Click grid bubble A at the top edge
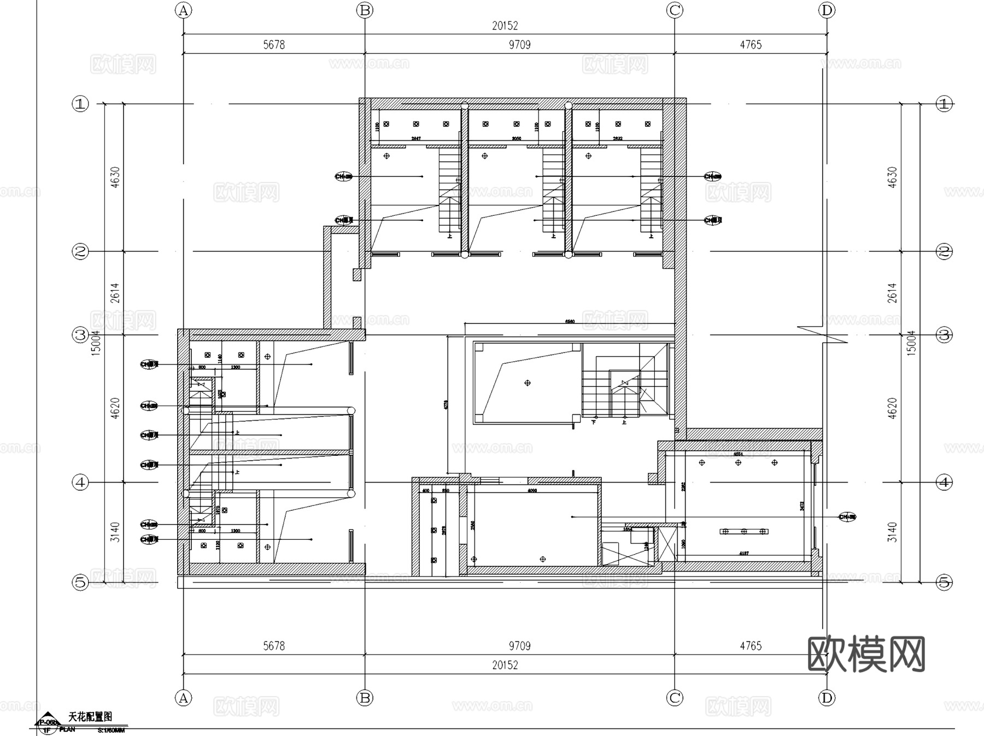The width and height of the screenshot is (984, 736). (184, 10)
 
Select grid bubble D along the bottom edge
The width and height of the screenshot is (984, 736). (827, 698)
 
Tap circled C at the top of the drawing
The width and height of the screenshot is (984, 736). (675, 10)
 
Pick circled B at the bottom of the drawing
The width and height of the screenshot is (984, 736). (365, 698)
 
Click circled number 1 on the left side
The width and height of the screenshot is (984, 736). (80, 104)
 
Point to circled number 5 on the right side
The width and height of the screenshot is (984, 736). (944, 582)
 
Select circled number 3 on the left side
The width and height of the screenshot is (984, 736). (80, 334)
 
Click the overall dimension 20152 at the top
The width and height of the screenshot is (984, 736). (505, 26)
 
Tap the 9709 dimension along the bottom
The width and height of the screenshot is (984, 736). (519, 646)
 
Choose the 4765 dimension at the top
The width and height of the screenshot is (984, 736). (751, 45)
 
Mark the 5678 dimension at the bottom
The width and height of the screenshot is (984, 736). (274, 646)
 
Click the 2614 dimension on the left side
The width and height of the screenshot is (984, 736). (115, 293)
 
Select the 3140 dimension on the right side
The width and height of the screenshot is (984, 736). (892, 532)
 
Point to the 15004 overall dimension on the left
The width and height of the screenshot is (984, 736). (96, 343)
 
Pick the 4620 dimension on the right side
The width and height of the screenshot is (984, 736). (892, 408)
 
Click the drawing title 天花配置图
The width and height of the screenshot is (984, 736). (90, 716)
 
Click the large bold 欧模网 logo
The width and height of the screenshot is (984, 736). (866, 654)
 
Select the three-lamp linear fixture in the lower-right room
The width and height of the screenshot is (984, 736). (744, 531)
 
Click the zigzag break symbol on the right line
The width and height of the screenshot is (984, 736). (823, 334)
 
